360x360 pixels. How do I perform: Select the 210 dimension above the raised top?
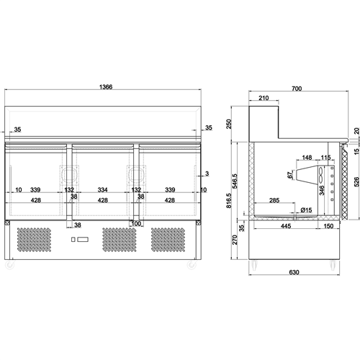[x=264, y=98]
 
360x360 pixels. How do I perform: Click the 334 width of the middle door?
[x=102, y=190]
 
